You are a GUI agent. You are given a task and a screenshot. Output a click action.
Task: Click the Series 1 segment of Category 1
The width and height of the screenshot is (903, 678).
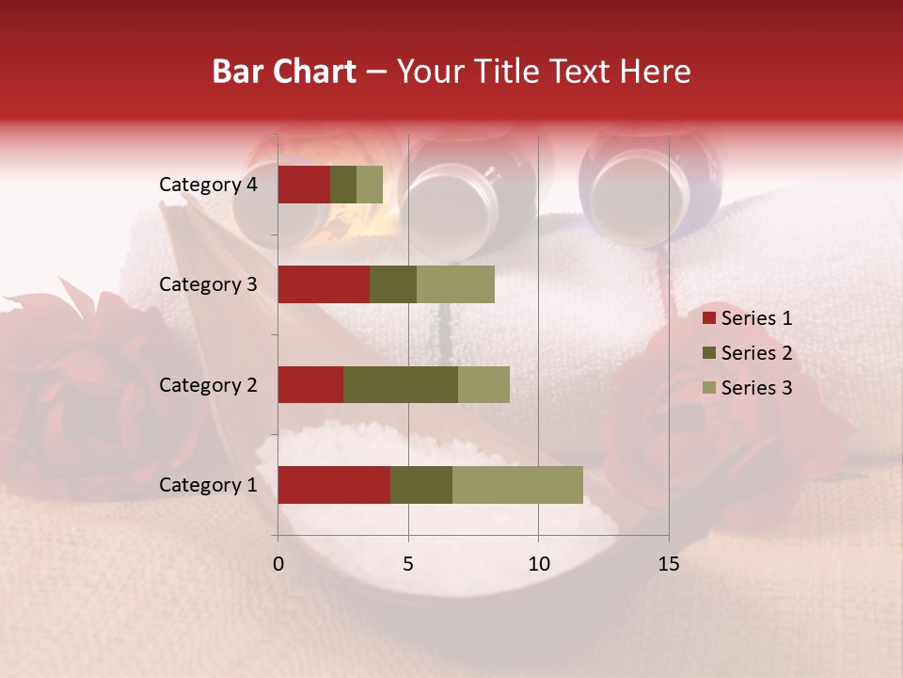[334, 485]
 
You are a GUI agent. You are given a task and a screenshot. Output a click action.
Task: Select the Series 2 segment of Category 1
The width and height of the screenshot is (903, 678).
[421, 485]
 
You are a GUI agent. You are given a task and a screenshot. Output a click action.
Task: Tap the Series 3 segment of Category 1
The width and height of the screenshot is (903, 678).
[517, 485]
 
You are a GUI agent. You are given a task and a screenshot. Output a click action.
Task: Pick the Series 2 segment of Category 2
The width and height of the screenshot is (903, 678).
[401, 384]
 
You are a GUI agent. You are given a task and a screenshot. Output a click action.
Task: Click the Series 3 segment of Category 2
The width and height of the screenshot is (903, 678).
[483, 384]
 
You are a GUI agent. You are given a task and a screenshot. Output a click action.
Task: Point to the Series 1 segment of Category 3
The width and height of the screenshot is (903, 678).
[324, 284]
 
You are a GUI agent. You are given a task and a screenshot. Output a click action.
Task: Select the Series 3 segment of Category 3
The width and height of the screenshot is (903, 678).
[455, 284]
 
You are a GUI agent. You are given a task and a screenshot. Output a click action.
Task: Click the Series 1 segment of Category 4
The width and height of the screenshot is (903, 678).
[304, 185]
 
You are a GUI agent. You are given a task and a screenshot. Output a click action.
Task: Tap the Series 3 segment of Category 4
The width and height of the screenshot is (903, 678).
[370, 185]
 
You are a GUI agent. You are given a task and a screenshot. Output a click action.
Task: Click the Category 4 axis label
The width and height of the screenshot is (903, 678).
[208, 185]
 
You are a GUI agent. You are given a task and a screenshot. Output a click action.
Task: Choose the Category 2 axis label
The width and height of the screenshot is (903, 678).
[208, 384]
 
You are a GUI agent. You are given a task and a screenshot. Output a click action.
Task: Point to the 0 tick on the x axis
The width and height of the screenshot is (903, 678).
[278, 564]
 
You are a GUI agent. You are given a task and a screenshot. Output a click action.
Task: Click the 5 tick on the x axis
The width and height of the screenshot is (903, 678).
[408, 564]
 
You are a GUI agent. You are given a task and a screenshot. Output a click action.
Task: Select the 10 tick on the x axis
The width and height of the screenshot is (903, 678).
[538, 564]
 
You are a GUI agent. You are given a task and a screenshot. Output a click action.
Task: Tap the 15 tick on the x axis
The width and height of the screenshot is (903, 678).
[668, 564]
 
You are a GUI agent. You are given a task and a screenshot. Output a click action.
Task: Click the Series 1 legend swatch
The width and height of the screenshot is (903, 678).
[708, 318]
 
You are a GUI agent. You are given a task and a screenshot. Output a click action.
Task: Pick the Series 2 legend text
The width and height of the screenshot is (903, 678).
[756, 353]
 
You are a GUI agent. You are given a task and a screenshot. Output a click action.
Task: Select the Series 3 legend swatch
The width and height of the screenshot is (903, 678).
[708, 388]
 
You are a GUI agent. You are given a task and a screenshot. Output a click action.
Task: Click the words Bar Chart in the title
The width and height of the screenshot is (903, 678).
[284, 72]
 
